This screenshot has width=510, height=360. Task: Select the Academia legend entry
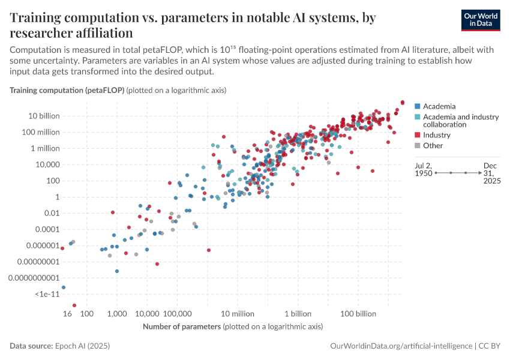click(x=439, y=106)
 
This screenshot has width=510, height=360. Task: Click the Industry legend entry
click(x=436, y=135)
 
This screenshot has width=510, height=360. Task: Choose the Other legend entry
click(x=433, y=145)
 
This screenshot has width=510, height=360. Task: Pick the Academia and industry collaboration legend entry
click(x=460, y=121)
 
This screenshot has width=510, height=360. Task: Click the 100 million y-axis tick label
click(x=38, y=132)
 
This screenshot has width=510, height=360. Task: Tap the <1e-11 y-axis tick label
click(x=46, y=294)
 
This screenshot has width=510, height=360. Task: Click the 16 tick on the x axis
click(x=68, y=314)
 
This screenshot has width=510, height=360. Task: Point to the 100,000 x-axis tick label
click(x=176, y=314)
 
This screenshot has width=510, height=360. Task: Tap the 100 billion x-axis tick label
click(x=358, y=314)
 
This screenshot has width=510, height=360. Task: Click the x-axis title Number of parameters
click(x=181, y=326)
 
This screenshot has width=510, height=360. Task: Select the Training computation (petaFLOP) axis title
click(x=67, y=90)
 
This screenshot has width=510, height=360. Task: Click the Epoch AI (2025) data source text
click(x=82, y=346)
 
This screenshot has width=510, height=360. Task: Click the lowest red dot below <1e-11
click(x=74, y=305)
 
